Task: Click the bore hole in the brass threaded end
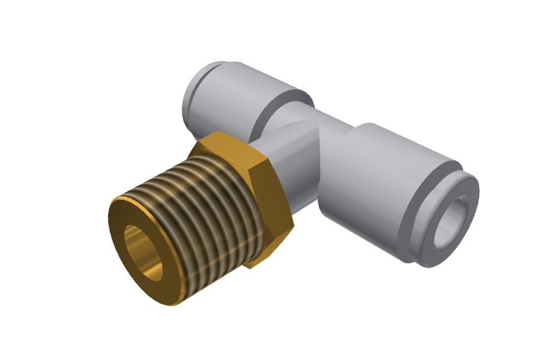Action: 143,253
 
